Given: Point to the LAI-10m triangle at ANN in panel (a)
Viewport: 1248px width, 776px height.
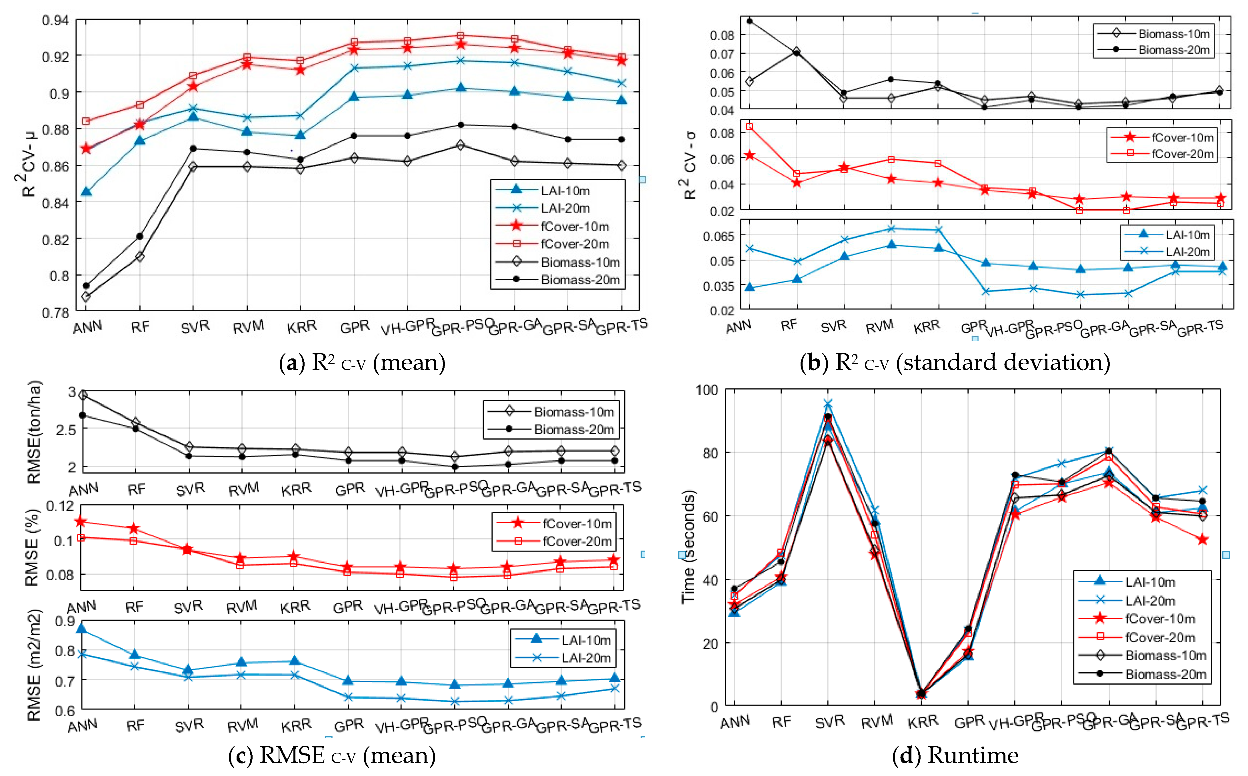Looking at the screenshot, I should coord(86,191).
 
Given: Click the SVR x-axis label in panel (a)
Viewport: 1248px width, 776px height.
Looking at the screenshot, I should coord(195,327).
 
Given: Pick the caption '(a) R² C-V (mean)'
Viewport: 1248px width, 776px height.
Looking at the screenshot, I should coord(362,363).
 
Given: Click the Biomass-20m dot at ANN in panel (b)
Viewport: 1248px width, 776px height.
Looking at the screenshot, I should coord(749,21).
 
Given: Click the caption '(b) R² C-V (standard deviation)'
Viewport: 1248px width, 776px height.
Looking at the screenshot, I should coord(955,363).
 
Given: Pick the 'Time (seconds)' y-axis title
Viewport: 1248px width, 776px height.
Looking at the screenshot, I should coord(688,547).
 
